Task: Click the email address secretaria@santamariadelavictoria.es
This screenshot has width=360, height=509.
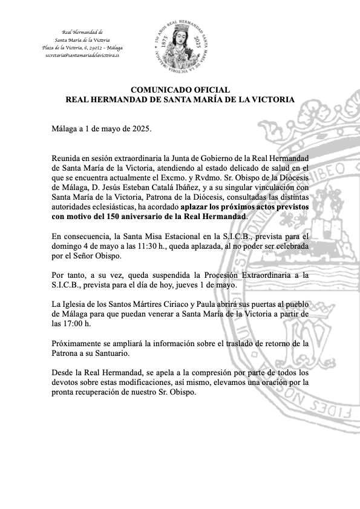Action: click(82, 55)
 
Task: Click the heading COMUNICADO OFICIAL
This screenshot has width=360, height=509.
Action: click(180, 90)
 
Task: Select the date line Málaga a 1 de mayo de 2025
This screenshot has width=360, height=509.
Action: click(101, 130)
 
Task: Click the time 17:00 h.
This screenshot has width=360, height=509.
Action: click(78, 324)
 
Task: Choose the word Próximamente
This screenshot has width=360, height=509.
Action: click(79, 343)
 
